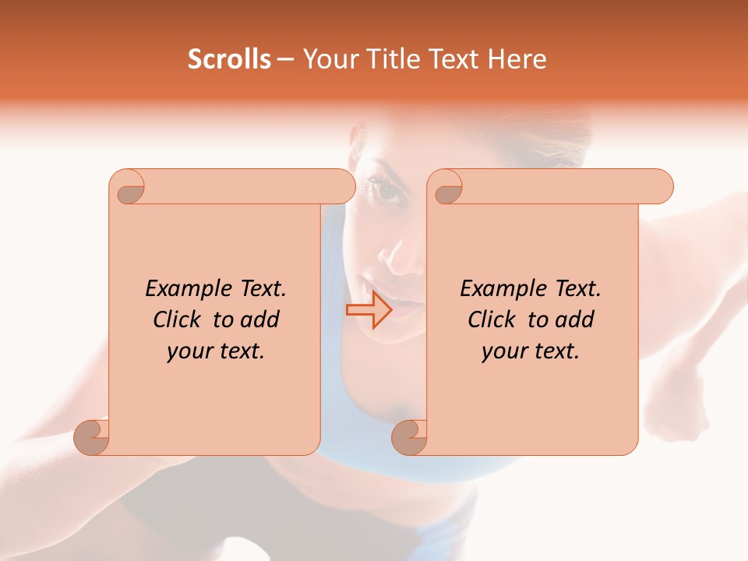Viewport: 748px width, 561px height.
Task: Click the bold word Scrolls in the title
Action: point(229,59)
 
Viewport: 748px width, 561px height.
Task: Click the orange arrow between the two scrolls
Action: point(369,310)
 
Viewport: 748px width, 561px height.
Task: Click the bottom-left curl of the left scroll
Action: point(92,437)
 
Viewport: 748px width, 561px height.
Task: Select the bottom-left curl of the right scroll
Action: point(409,437)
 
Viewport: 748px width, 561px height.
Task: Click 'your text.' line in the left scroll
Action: point(216,351)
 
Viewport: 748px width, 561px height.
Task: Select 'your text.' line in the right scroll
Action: point(531,351)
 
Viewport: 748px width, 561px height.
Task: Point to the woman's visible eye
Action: point(387,192)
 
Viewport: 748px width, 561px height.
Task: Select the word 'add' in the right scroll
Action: point(575,319)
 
